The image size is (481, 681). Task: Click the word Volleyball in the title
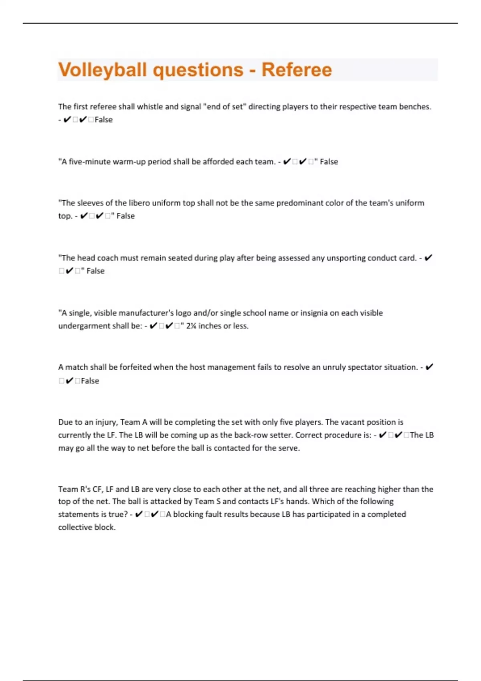pyautogui.click(x=102, y=70)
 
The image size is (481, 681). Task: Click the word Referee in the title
pyautogui.click(x=297, y=70)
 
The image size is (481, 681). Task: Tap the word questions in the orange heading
pyautogui.click(x=198, y=70)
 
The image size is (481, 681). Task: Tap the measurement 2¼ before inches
pyautogui.click(x=191, y=326)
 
